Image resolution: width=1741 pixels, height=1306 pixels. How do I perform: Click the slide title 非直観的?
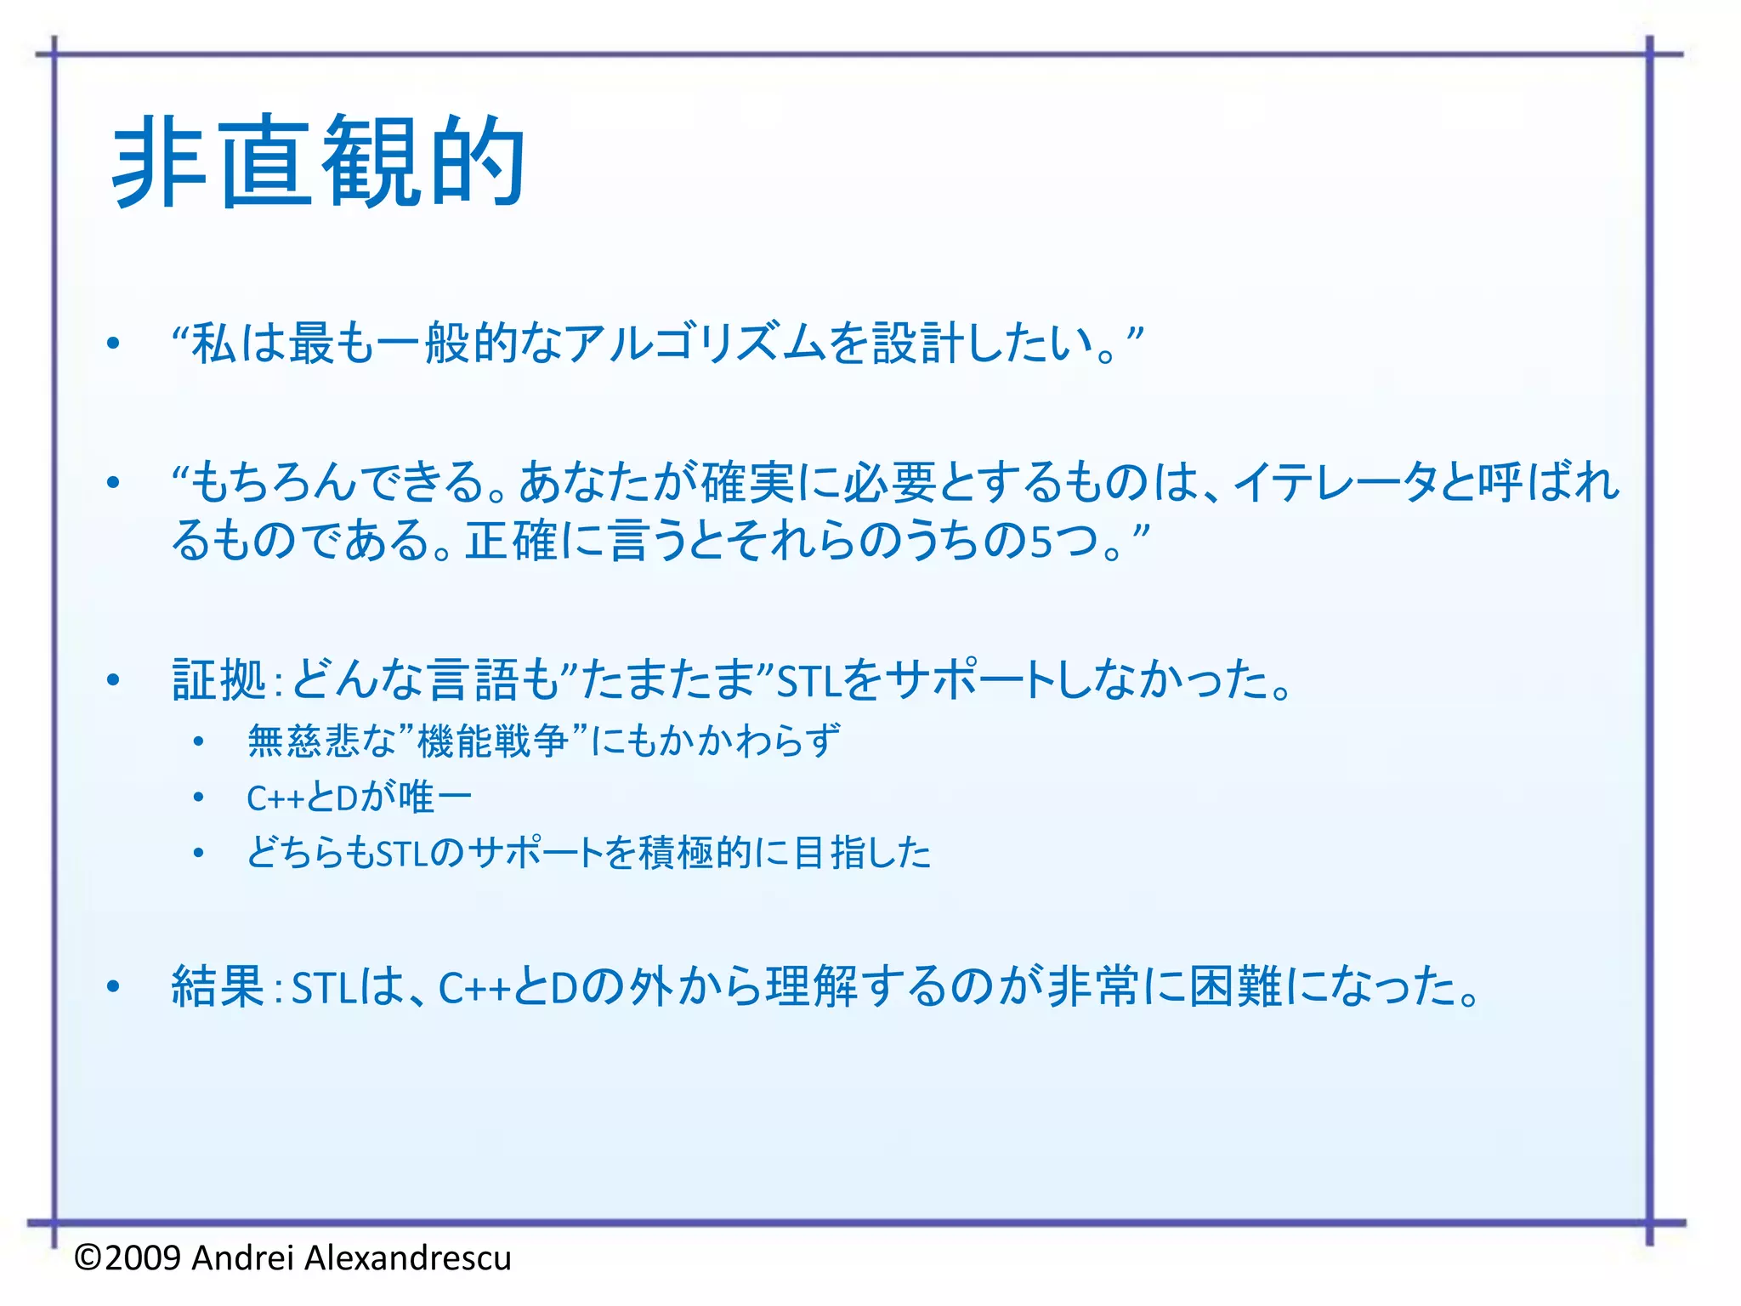pyautogui.click(x=318, y=162)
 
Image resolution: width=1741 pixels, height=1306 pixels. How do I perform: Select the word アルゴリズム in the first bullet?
pyautogui.click(x=695, y=344)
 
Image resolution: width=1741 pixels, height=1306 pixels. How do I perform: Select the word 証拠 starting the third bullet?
pyautogui.click(x=219, y=680)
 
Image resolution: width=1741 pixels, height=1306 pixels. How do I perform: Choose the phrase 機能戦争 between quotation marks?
pyautogui.click(x=493, y=741)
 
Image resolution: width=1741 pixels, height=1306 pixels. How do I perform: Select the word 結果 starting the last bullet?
pyautogui.click(x=218, y=987)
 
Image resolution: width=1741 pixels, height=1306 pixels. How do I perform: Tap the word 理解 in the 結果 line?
pyautogui.click(x=812, y=987)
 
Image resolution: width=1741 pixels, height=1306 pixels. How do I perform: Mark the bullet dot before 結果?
pyautogui.click(x=114, y=987)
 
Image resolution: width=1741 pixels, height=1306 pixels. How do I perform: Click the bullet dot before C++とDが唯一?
pyautogui.click(x=198, y=798)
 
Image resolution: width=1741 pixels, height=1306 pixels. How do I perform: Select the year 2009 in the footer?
pyautogui.click(x=144, y=1258)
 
